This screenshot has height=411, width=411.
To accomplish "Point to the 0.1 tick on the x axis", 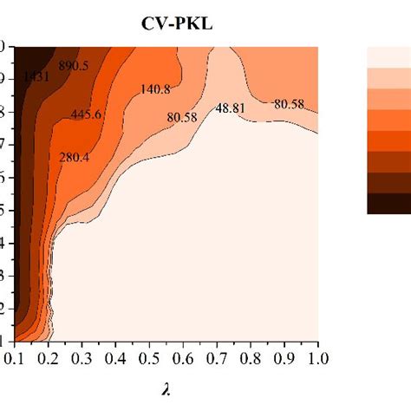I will click(12, 357).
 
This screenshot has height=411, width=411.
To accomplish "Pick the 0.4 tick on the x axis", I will click(114, 357).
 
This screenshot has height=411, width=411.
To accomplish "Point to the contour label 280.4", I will click(75, 157).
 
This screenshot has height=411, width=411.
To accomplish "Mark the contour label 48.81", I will click(232, 109).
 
